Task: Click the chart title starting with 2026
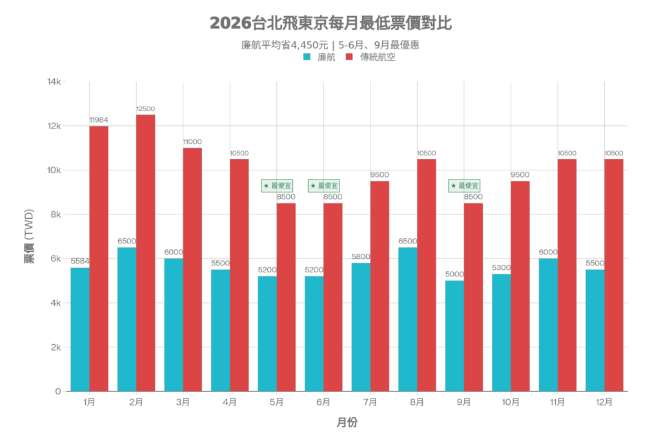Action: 330,24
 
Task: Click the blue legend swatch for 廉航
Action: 307,57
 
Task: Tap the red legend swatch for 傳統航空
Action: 349,57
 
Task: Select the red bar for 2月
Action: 145,252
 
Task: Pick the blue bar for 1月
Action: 79,329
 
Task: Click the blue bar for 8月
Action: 407,319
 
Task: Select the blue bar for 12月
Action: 595,330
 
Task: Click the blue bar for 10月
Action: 501,332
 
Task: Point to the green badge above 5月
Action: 277,186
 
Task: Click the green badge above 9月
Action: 464,186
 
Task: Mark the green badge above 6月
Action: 323,186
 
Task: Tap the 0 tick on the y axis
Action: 58,391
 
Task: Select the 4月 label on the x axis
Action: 230,402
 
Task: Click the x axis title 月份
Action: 347,423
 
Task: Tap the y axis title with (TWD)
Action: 29,236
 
